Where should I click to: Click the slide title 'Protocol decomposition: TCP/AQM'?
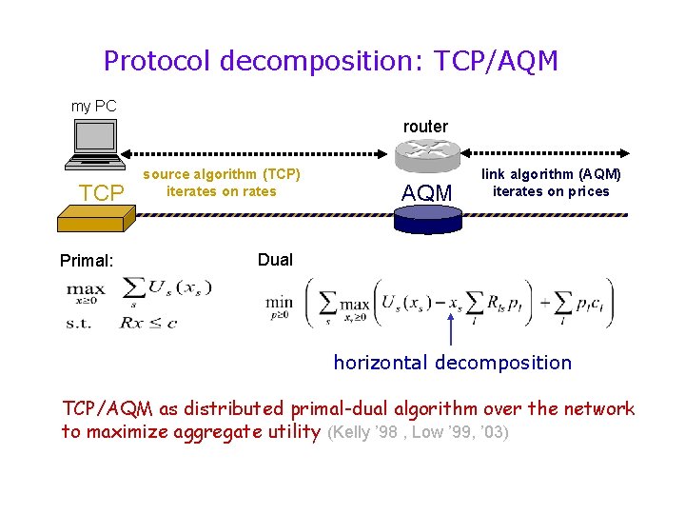[x=330, y=62]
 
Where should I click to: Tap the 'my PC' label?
[x=94, y=107]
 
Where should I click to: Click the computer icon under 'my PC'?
[x=94, y=144]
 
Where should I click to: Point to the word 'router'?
[x=425, y=127]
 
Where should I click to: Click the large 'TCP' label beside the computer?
[x=102, y=193]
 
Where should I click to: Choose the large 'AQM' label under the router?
[x=427, y=193]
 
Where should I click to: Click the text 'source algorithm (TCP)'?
[x=222, y=174]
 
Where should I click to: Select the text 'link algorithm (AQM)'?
[x=551, y=174]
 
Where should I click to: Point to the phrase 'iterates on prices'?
[x=551, y=191]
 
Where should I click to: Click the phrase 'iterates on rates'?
[x=222, y=191]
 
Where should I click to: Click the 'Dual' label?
[x=275, y=260]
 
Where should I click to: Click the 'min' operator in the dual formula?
[x=279, y=303]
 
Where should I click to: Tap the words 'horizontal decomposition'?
[x=453, y=363]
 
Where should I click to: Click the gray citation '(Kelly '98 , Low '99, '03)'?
[x=418, y=433]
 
